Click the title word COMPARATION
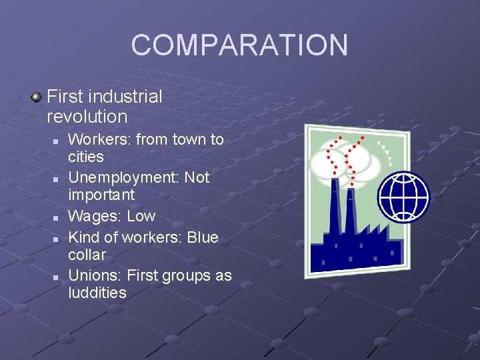point(239,45)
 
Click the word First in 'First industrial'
point(64,97)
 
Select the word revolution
point(87,117)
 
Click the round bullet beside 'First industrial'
point(36,97)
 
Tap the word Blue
point(203,237)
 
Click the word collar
point(87,255)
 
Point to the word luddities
point(97,293)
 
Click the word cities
point(86,157)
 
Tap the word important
point(101,195)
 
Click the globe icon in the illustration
point(403,197)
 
